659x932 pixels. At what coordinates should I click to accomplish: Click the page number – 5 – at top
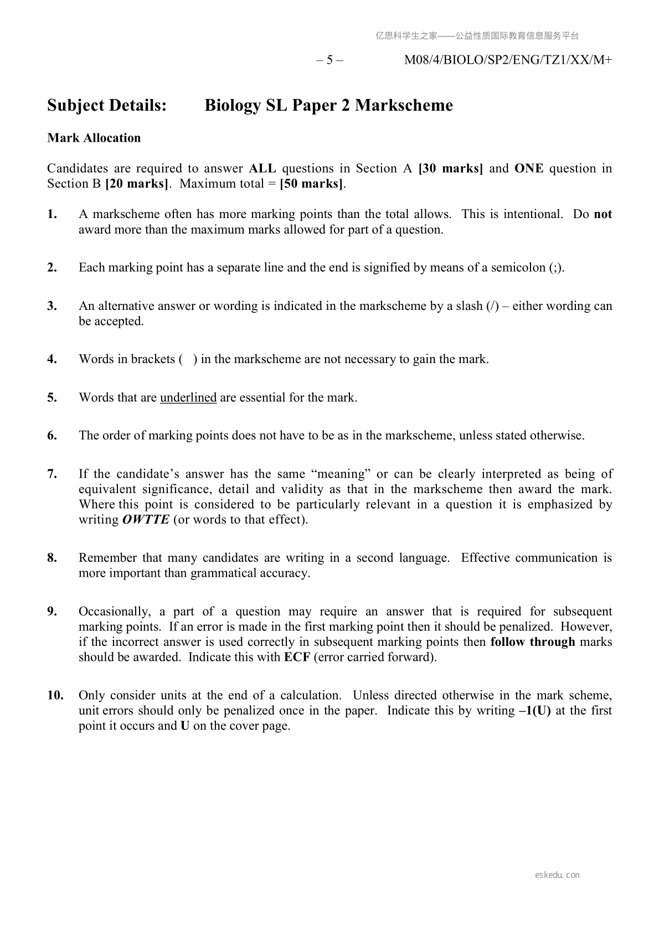pyautogui.click(x=329, y=60)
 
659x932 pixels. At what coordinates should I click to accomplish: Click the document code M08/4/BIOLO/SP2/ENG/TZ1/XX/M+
pyautogui.click(x=508, y=60)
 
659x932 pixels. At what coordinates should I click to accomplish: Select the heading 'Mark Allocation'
pyautogui.click(x=94, y=138)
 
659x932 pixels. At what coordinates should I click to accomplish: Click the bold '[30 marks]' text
pyautogui.click(x=451, y=168)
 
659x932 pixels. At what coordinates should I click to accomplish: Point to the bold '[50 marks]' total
pyautogui.click(x=312, y=184)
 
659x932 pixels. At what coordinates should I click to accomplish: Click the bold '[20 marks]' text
pyautogui.click(x=137, y=184)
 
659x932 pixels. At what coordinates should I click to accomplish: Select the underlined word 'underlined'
pyautogui.click(x=188, y=397)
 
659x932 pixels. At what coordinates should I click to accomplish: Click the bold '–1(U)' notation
pyautogui.click(x=535, y=711)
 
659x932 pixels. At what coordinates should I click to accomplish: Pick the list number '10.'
pyautogui.click(x=55, y=695)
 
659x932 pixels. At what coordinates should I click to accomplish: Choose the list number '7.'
pyautogui.click(x=52, y=474)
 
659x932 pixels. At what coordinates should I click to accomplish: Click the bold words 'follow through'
pyautogui.click(x=533, y=642)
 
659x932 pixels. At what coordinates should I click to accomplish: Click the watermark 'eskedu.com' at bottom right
pyautogui.click(x=558, y=875)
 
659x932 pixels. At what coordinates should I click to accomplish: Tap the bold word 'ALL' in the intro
pyautogui.click(x=262, y=168)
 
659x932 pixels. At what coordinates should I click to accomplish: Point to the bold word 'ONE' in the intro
pyautogui.click(x=529, y=168)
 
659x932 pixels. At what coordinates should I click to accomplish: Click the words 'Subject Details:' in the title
pyautogui.click(x=107, y=105)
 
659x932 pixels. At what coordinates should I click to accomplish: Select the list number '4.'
pyautogui.click(x=52, y=359)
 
